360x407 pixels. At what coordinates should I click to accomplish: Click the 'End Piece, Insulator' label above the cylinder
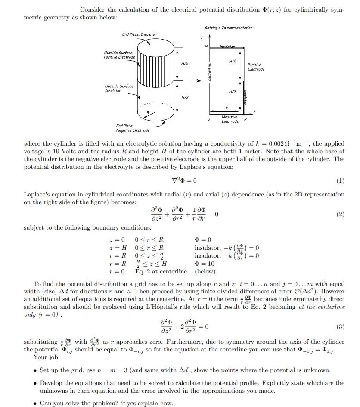pyautogui.click(x=139, y=34)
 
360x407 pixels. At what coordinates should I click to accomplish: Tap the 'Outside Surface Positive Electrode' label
pyautogui.click(x=119, y=55)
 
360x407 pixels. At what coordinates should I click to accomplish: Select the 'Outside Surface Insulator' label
pyautogui.click(x=119, y=88)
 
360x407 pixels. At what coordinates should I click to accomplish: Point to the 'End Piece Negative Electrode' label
pyautogui.click(x=133, y=128)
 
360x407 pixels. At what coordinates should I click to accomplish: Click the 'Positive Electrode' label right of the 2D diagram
pyautogui.click(x=256, y=67)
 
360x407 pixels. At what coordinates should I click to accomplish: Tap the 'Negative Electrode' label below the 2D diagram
pyautogui.click(x=230, y=119)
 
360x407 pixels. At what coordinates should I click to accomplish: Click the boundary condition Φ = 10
pyautogui.click(x=205, y=264)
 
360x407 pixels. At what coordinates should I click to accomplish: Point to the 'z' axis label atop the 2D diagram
pyautogui.click(x=201, y=38)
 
